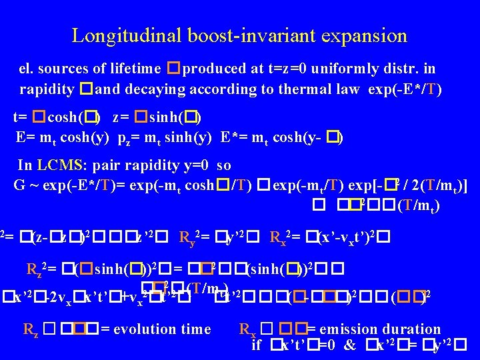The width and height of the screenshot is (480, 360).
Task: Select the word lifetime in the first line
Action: pos(135,69)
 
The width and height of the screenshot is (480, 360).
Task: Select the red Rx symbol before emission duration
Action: pos(247,329)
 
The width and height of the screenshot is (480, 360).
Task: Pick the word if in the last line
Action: pos(256,345)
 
